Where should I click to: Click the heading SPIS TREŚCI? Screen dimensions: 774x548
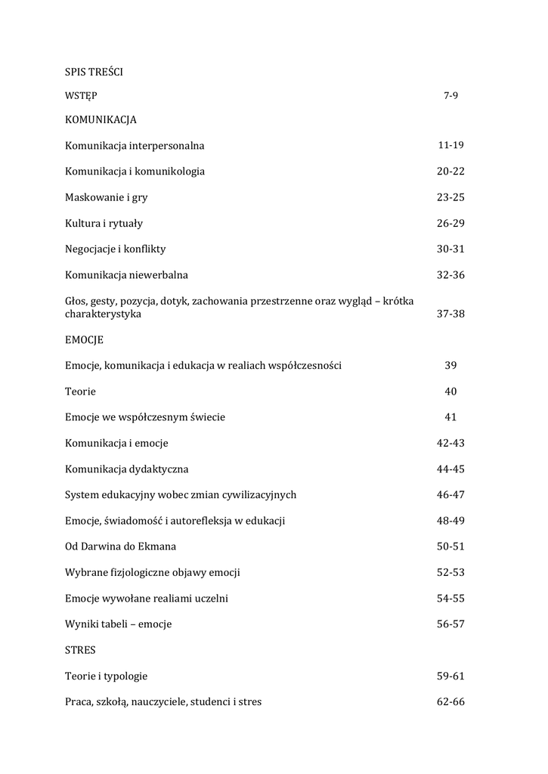coord(94,72)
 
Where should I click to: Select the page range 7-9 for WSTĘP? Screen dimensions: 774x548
coord(450,96)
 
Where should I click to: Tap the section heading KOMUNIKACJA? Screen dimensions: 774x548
coord(101,119)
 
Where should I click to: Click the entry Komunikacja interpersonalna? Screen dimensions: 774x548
coord(135,145)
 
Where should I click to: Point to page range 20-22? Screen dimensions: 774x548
coord(450,171)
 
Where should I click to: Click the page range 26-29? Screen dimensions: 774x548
coord(450,223)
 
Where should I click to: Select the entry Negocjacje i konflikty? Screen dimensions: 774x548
coord(115,249)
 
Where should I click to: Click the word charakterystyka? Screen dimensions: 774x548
coord(103,314)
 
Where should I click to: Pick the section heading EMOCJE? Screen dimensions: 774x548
coord(84,340)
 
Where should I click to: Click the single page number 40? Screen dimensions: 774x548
coord(450,392)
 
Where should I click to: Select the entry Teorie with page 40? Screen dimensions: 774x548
coord(80,392)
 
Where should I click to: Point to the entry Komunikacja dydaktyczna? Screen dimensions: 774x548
coord(126,469)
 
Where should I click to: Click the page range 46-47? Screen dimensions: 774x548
coord(450,495)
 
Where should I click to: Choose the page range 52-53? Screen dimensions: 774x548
coord(450,572)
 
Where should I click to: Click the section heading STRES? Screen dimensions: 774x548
coord(80,649)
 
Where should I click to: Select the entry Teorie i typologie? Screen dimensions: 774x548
coord(106,676)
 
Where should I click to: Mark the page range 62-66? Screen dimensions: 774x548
coord(450,701)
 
